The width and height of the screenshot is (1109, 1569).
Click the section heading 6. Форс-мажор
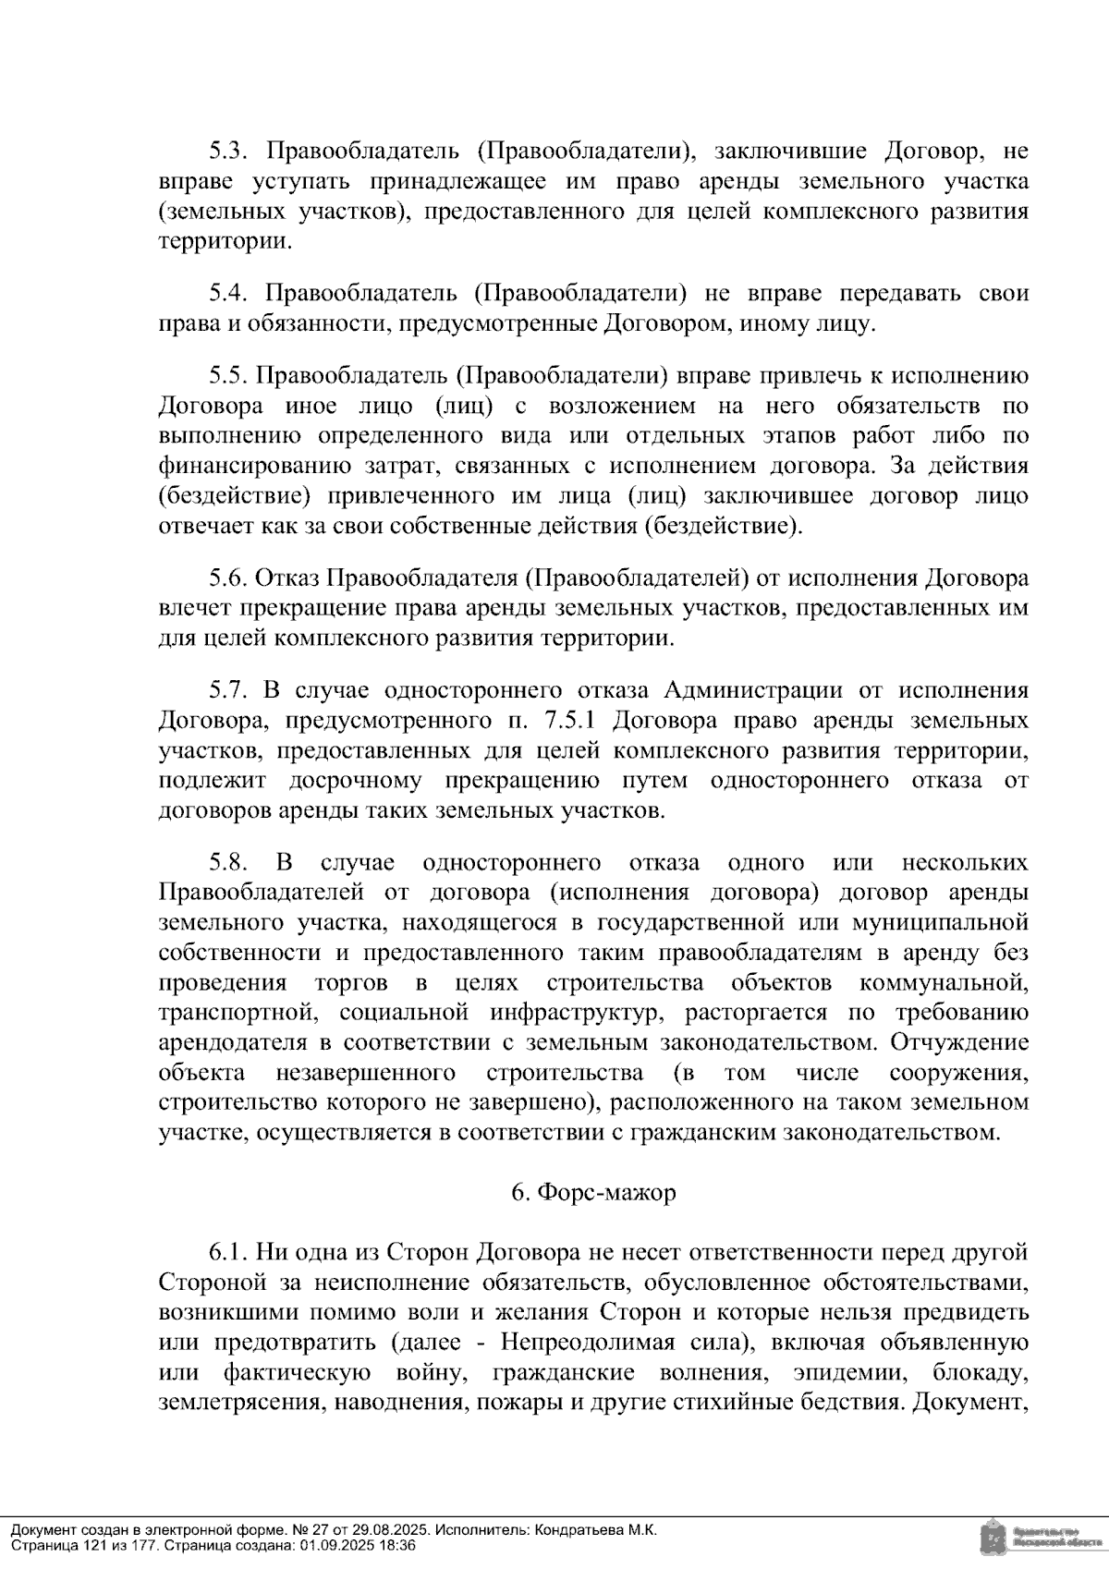pyautogui.click(x=593, y=1192)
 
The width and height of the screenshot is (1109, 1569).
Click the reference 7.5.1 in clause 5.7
pyautogui.click(x=571, y=720)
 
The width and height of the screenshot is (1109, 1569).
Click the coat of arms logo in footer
pyautogui.click(x=991, y=1538)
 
